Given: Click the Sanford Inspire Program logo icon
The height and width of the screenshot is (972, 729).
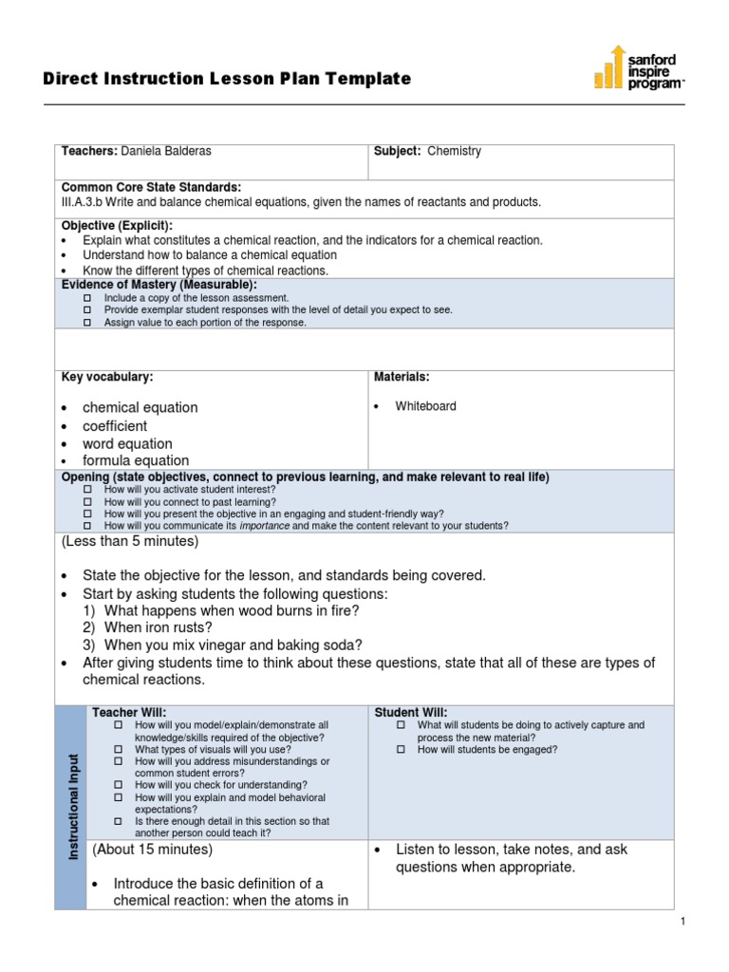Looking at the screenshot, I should coord(609,68).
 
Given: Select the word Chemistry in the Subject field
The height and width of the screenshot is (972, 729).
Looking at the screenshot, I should coord(454,151).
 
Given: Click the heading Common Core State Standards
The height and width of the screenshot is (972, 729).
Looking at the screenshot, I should coord(151,187).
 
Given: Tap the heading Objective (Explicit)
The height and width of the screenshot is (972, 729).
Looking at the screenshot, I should coord(117,225).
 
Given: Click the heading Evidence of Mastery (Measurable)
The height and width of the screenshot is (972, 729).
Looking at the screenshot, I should coord(159,285).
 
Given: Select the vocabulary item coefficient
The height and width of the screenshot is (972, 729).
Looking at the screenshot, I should coord(115,426).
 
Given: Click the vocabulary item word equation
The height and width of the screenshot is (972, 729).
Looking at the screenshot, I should coord(127,443).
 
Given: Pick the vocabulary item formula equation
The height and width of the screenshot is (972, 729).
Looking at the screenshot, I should coord(136,461).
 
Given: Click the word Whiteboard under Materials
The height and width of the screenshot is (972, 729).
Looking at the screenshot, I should coord(425,406).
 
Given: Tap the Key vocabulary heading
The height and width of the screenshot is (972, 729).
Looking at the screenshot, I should coord(107,377).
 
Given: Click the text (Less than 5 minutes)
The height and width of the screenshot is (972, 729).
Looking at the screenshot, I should coord(130,541).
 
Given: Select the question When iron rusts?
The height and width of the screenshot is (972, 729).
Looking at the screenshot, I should coord(159,627).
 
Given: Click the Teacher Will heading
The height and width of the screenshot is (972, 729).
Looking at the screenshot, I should coord(128,712).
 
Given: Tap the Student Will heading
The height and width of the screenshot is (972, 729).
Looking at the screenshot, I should coord(411,712).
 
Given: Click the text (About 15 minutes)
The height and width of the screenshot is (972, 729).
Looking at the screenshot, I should coord(152,850).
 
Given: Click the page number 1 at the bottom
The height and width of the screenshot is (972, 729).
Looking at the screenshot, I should coord(682,922).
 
